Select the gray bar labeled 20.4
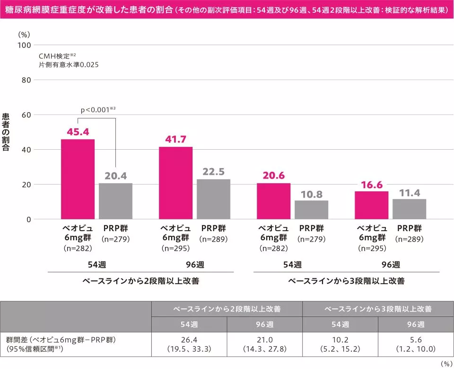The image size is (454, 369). tap(115, 201)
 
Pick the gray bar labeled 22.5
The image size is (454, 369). tap(213, 199)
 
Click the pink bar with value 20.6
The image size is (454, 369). tap(273, 201)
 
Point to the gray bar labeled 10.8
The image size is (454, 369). tap(311, 209)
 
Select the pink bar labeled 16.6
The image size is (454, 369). tap(371, 205)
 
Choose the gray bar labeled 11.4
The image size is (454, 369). tap(409, 209)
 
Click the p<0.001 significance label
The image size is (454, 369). tap(98, 110)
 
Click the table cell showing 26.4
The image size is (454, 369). tap(189, 344)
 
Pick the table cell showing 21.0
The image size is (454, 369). tap(264, 344)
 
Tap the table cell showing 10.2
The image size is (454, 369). tap(340, 344)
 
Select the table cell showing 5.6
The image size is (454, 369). tap(416, 344)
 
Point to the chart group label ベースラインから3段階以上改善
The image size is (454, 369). tap(346, 281)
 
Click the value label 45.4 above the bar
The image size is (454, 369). tap(78, 132)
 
